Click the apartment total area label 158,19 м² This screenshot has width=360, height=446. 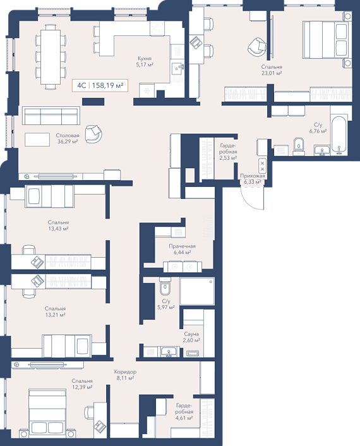pos(107,85)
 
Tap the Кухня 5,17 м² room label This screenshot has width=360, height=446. pos(145,61)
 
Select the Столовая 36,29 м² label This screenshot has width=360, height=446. pos(68,138)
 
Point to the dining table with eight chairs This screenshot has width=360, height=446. pos(51,57)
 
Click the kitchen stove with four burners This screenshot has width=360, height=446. pos(157,28)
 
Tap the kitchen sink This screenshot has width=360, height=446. pos(177,69)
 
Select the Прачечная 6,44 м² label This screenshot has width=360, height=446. pos(182,249)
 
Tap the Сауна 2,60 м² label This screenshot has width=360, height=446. pos(191,337)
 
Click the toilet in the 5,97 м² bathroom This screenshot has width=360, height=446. pos(165,287)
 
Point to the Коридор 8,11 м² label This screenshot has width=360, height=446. pos(125,375)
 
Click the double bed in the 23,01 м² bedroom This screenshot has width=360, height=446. pos(326,39)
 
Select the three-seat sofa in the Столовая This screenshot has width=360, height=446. pos(51,116)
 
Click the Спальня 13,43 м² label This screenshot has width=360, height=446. pos(58,226)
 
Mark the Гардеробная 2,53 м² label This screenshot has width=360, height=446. pos(228,152)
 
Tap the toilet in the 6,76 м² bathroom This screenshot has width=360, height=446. pos(299,147)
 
